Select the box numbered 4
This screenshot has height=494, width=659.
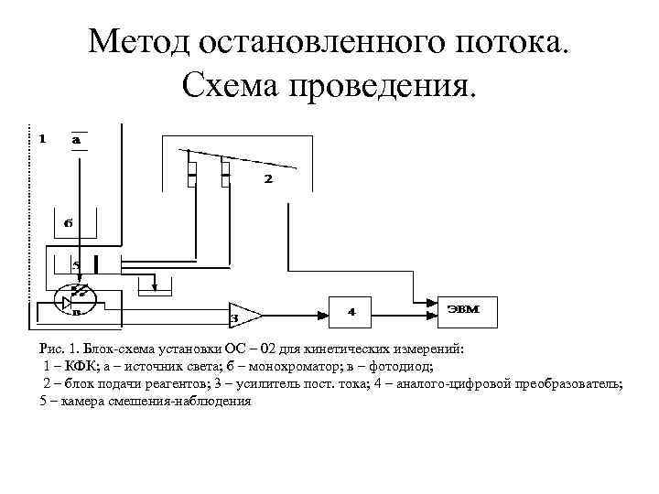pyautogui.click(x=352, y=312)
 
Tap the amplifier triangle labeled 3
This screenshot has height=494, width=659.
pyautogui.click(x=243, y=316)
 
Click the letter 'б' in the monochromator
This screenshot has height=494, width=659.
pyautogui.click(x=68, y=222)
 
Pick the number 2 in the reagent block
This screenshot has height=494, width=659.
pyautogui.click(x=267, y=179)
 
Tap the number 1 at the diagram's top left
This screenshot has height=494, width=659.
pyautogui.click(x=41, y=139)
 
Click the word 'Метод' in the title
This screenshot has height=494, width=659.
pyautogui.click(x=146, y=43)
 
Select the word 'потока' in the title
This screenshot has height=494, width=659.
pyautogui.click(x=502, y=43)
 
